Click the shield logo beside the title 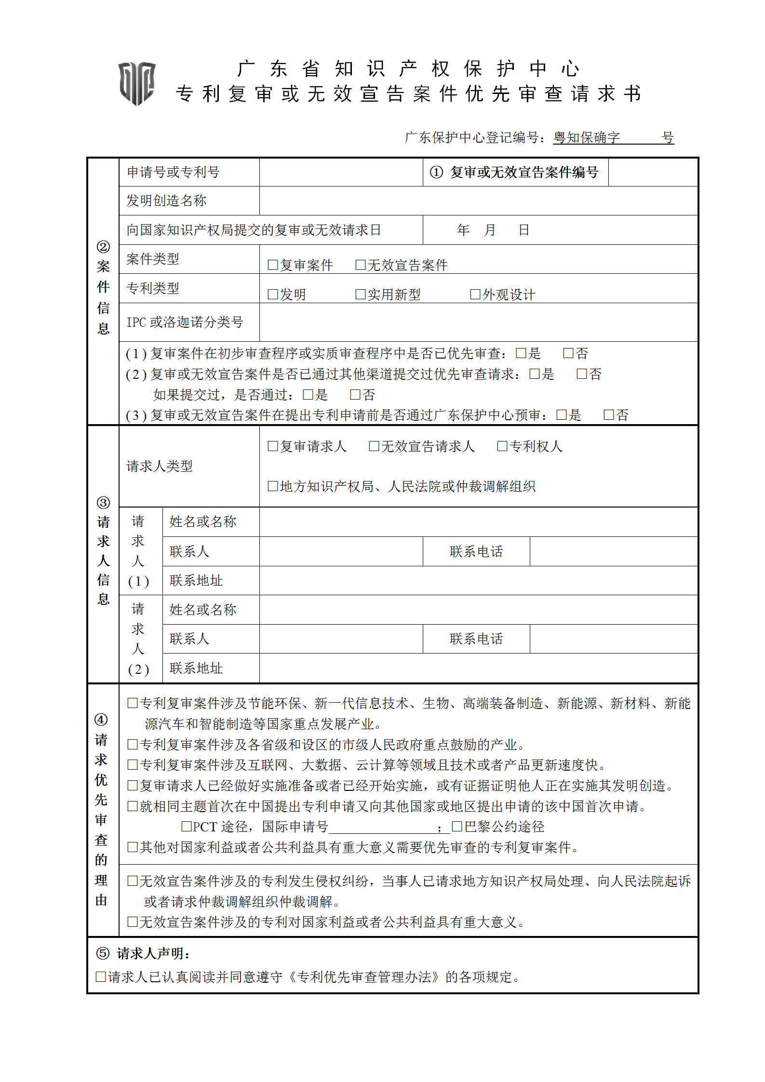pos(137,83)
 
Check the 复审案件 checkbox pos(273,265)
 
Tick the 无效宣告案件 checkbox pos(360,265)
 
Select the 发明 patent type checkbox pos(273,294)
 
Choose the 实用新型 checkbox pos(360,294)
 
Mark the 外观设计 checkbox pos(475,294)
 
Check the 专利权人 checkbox pos(502,446)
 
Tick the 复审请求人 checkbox pos(273,446)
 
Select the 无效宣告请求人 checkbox pos(374,446)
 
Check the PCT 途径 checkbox pos(187,826)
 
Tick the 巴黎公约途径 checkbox pos(457,826)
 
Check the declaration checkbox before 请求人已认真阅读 pos(101,976)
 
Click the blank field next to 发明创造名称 pos(477,200)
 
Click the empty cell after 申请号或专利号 pos(340,172)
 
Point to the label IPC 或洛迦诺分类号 pos(185,322)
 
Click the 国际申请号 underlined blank pos(383,827)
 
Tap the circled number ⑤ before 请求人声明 pos(102,953)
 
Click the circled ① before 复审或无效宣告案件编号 pos(436,172)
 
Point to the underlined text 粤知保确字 pos(586,137)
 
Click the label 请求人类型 pos(160,466)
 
